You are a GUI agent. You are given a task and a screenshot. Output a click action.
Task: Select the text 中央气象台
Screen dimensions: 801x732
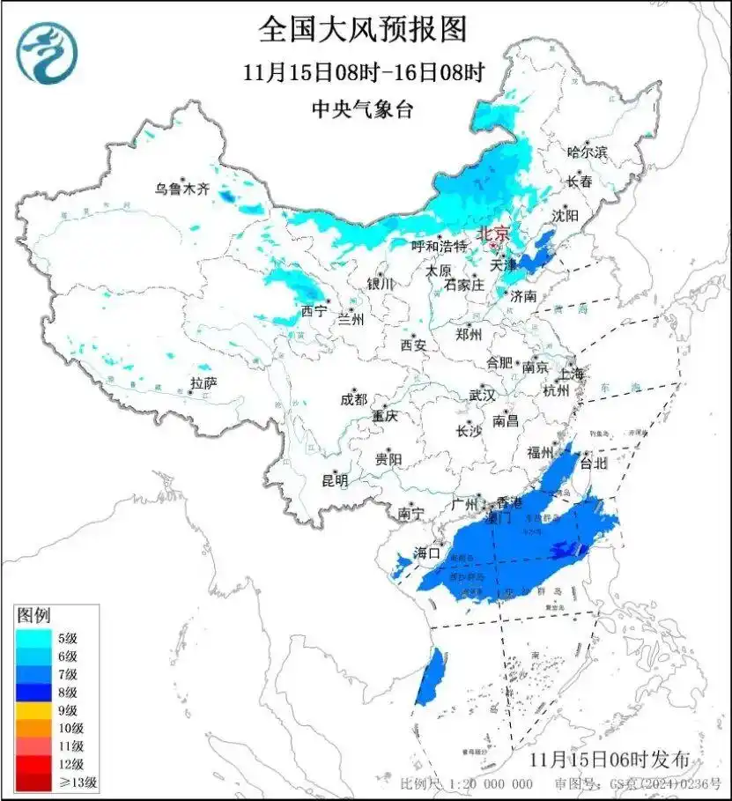[362, 109]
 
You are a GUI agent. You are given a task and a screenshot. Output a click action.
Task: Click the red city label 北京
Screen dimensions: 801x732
[492, 234]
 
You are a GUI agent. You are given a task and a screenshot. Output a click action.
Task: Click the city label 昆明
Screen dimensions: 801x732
[335, 480]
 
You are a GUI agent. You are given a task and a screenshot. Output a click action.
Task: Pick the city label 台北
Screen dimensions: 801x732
[592, 462]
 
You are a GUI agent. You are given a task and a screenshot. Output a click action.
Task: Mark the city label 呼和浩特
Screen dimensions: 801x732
[440, 246]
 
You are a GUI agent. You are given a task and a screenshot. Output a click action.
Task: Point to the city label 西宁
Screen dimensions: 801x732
[313, 310]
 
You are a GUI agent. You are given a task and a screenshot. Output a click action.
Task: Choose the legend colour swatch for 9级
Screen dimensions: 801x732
[33, 709]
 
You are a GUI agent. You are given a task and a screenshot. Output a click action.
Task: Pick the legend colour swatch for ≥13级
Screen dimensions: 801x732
[33, 782]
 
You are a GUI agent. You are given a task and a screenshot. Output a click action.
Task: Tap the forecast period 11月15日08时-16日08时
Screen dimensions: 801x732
[364, 71]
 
